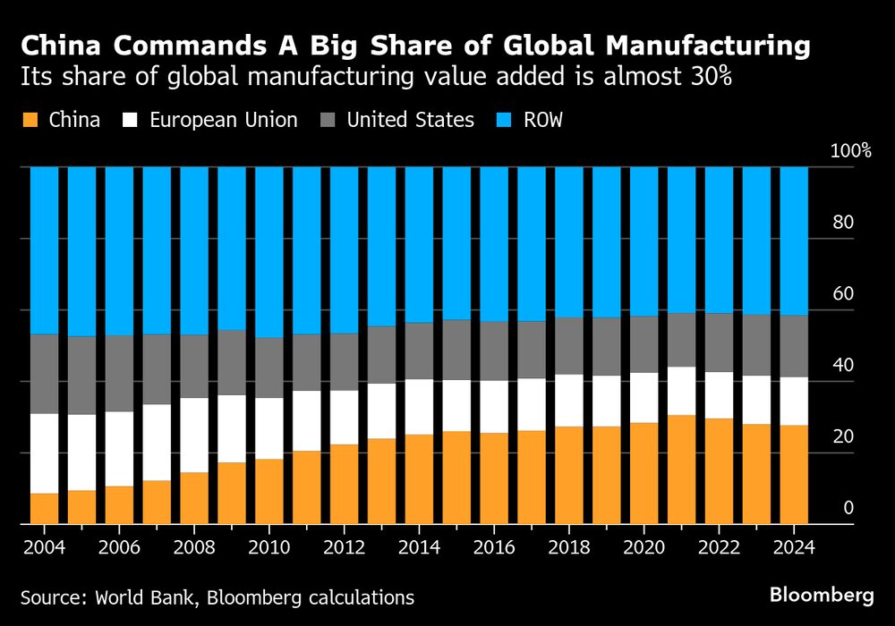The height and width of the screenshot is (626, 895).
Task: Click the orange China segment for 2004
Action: (x=44, y=508)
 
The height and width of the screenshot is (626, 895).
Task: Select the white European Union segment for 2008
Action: (x=194, y=435)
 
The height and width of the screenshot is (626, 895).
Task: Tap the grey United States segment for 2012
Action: (x=344, y=362)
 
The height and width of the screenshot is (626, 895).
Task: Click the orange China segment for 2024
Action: (x=794, y=474)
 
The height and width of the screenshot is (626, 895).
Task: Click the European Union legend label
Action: (x=224, y=120)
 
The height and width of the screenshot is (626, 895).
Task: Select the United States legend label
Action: (x=411, y=120)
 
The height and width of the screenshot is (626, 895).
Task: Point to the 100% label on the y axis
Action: (x=850, y=151)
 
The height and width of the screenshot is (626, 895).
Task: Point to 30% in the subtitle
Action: (x=709, y=77)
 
